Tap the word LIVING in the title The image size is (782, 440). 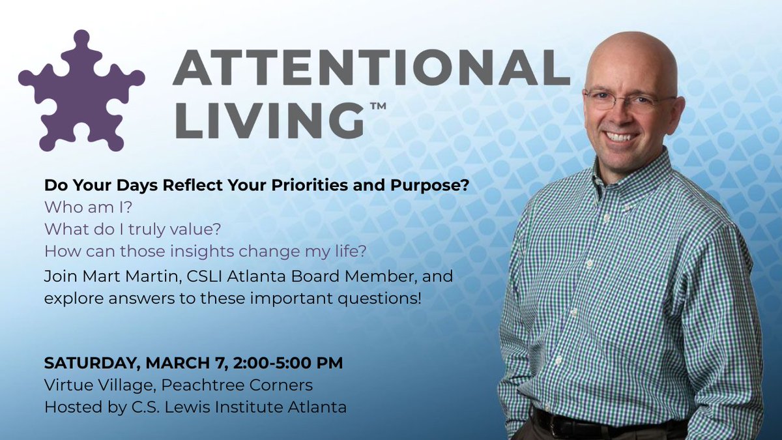pyautogui.click(x=268, y=118)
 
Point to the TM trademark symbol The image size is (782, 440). pyautogui.click(x=378, y=104)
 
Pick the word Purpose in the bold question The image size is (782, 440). pyautogui.click(x=435, y=185)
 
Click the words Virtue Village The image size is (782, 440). pyautogui.click(x=87, y=385)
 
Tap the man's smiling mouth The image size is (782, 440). pyautogui.click(x=622, y=137)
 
